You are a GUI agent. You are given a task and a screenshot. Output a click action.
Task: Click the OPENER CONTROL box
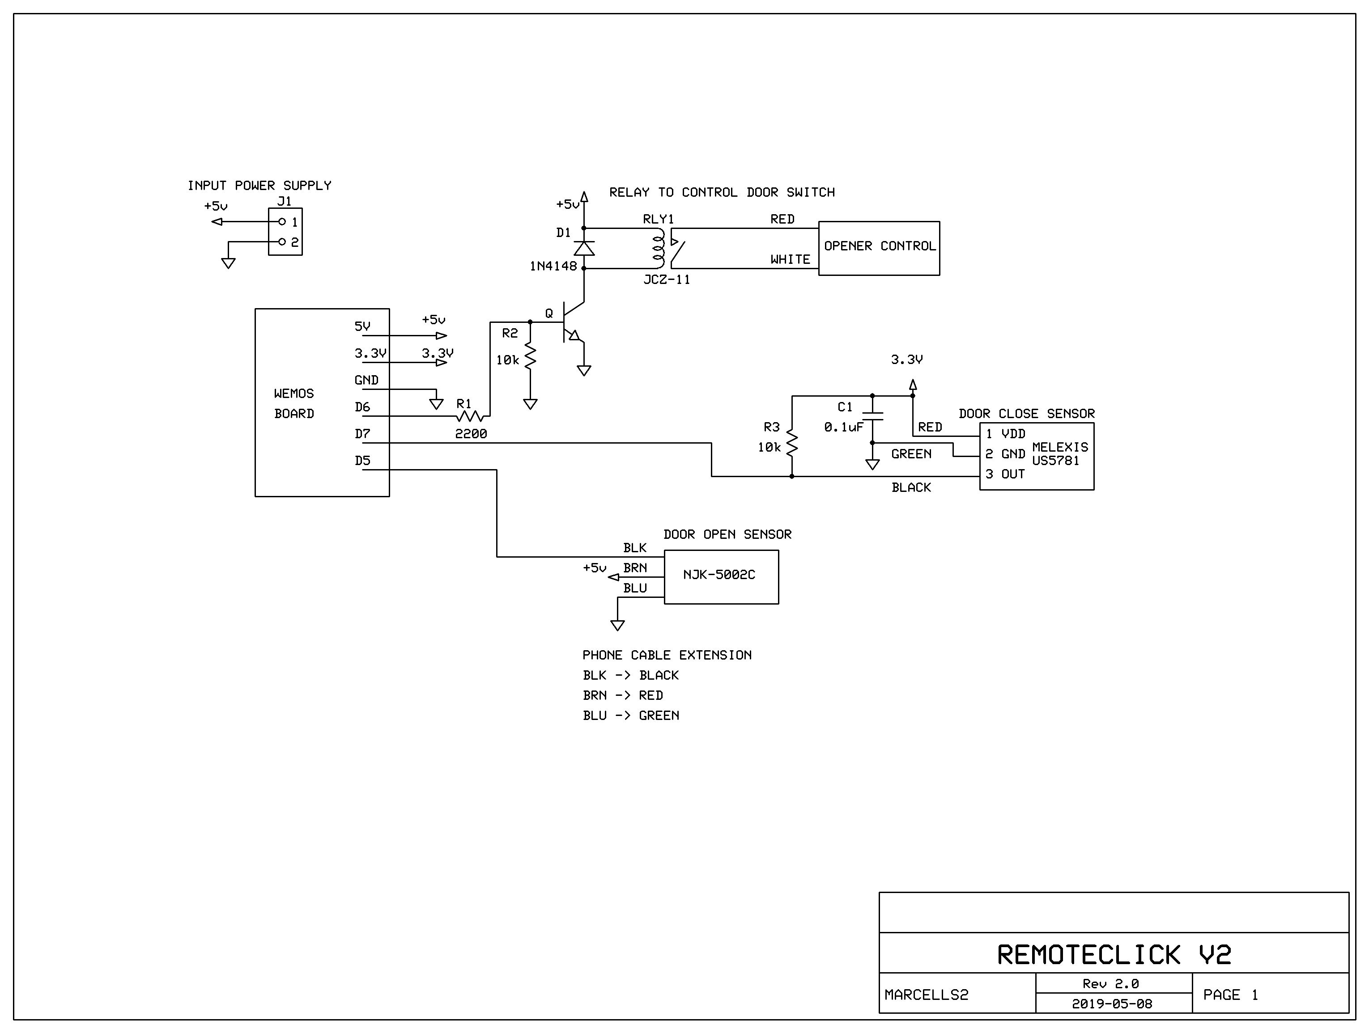click(878, 248)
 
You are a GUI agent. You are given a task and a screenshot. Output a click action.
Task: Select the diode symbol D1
click(584, 248)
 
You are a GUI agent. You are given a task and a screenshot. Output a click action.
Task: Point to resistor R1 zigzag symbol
click(470, 416)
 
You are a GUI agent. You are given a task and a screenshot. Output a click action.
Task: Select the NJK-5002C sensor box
click(721, 576)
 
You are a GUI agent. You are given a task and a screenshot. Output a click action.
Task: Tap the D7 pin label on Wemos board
click(362, 434)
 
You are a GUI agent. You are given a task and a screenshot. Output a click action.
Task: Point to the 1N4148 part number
click(553, 266)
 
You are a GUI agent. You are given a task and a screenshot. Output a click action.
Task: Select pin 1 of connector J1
click(282, 221)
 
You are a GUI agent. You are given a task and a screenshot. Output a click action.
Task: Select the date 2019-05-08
click(1112, 1004)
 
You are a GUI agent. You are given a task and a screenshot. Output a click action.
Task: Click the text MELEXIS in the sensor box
click(1059, 447)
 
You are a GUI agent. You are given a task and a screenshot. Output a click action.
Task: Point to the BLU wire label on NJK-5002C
click(634, 588)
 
